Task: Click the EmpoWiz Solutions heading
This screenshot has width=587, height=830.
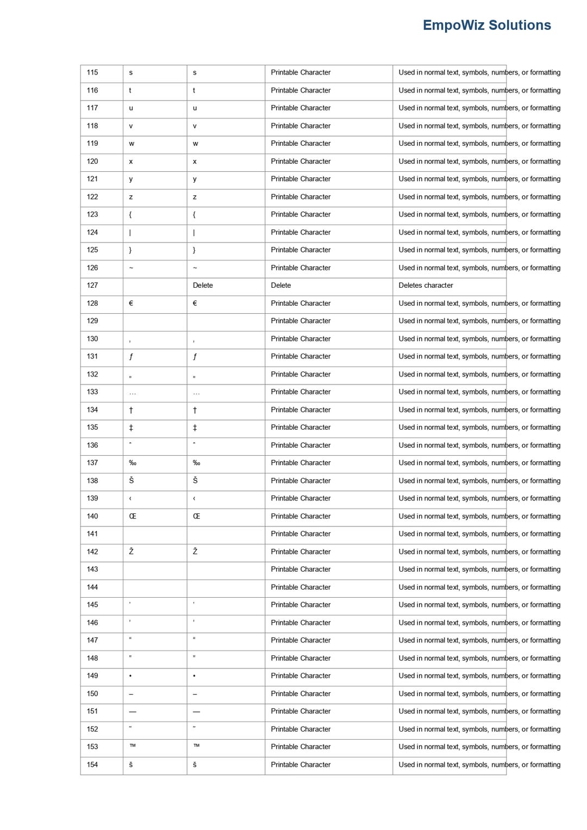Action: tap(486, 25)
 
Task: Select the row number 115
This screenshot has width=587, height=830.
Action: tap(92, 72)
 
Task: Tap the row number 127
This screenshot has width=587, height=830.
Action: tap(92, 285)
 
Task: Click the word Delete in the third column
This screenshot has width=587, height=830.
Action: tap(203, 285)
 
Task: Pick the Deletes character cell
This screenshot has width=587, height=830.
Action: tap(426, 285)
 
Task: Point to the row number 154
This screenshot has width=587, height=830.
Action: tap(92, 764)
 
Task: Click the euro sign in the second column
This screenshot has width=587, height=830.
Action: tap(131, 303)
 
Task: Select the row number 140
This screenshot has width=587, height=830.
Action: tap(92, 516)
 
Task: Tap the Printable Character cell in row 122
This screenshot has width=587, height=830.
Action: tap(301, 196)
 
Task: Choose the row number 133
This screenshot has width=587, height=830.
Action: tap(92, 392)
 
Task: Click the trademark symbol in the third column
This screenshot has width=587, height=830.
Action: tap(196, 746)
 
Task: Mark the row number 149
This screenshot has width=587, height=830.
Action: tap(92, 676)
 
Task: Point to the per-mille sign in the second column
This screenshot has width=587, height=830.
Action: tap(133, 463)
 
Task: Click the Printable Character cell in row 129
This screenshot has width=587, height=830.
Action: tap(301, 320)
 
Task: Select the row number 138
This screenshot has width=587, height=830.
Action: tap(92, 480)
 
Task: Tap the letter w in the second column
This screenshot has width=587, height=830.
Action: tap(132, 144)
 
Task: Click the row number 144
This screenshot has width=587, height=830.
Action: tap(92, 587)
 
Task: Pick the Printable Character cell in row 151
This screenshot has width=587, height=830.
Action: tap(301, 711)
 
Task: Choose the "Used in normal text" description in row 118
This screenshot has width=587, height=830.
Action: tap(479, 126)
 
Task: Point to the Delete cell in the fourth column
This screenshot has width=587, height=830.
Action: tap(281, 285)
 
